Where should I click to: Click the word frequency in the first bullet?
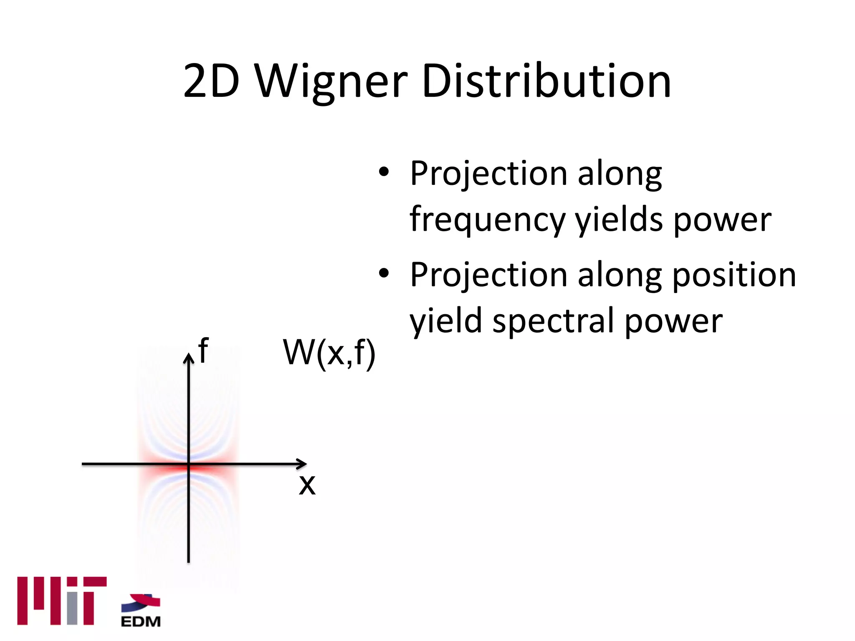click(487, 220)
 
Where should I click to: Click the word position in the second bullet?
click(734, 275)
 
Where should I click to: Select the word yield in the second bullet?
click(445, 321)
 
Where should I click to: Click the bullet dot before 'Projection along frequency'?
click(384, 172)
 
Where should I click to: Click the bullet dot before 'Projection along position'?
click(384, 273)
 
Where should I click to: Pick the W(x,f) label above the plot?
click(329, 353)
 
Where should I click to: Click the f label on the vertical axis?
click(203, 351)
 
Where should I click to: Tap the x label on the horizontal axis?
click(307, 485)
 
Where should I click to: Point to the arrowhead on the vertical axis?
click(189, 358)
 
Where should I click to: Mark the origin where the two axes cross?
click(189, 464)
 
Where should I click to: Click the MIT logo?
click(62, 601)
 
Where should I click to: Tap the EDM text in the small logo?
click(141, 621)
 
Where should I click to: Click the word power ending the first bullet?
click(722, 220)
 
